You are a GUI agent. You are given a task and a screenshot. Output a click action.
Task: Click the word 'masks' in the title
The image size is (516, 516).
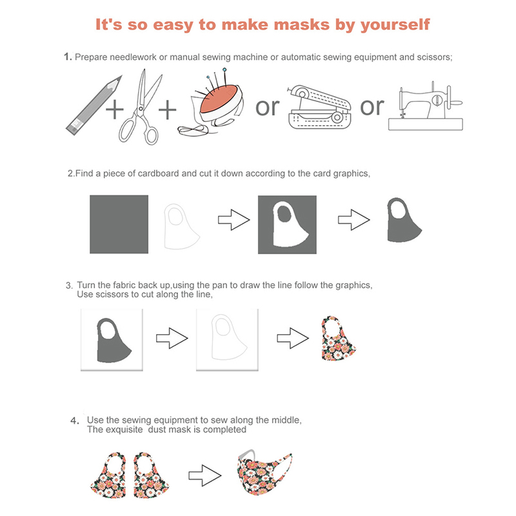coord(301,25)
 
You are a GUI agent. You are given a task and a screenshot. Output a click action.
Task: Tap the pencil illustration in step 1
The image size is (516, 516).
coord(94,105)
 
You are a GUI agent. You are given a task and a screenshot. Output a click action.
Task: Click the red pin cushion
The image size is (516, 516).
coord(219,99)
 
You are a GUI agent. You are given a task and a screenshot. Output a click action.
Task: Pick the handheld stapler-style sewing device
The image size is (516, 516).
coord(319,107)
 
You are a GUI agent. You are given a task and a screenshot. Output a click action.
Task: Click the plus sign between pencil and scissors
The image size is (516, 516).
coord(115,109)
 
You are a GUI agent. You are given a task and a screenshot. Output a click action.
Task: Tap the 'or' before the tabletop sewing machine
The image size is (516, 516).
coord(372,106)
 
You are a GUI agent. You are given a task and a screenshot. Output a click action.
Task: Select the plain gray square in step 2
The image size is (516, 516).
coord(119,224)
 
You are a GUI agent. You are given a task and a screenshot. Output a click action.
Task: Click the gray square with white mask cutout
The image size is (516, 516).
coord(287,224)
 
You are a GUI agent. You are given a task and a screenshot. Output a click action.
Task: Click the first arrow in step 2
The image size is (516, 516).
coord(234,219)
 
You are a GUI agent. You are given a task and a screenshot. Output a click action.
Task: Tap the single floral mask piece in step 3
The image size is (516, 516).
coord(338,338)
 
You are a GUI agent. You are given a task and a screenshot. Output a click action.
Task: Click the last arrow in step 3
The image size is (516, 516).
coord(293,338)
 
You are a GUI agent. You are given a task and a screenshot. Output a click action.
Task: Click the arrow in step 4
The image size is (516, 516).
coord(204,475)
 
